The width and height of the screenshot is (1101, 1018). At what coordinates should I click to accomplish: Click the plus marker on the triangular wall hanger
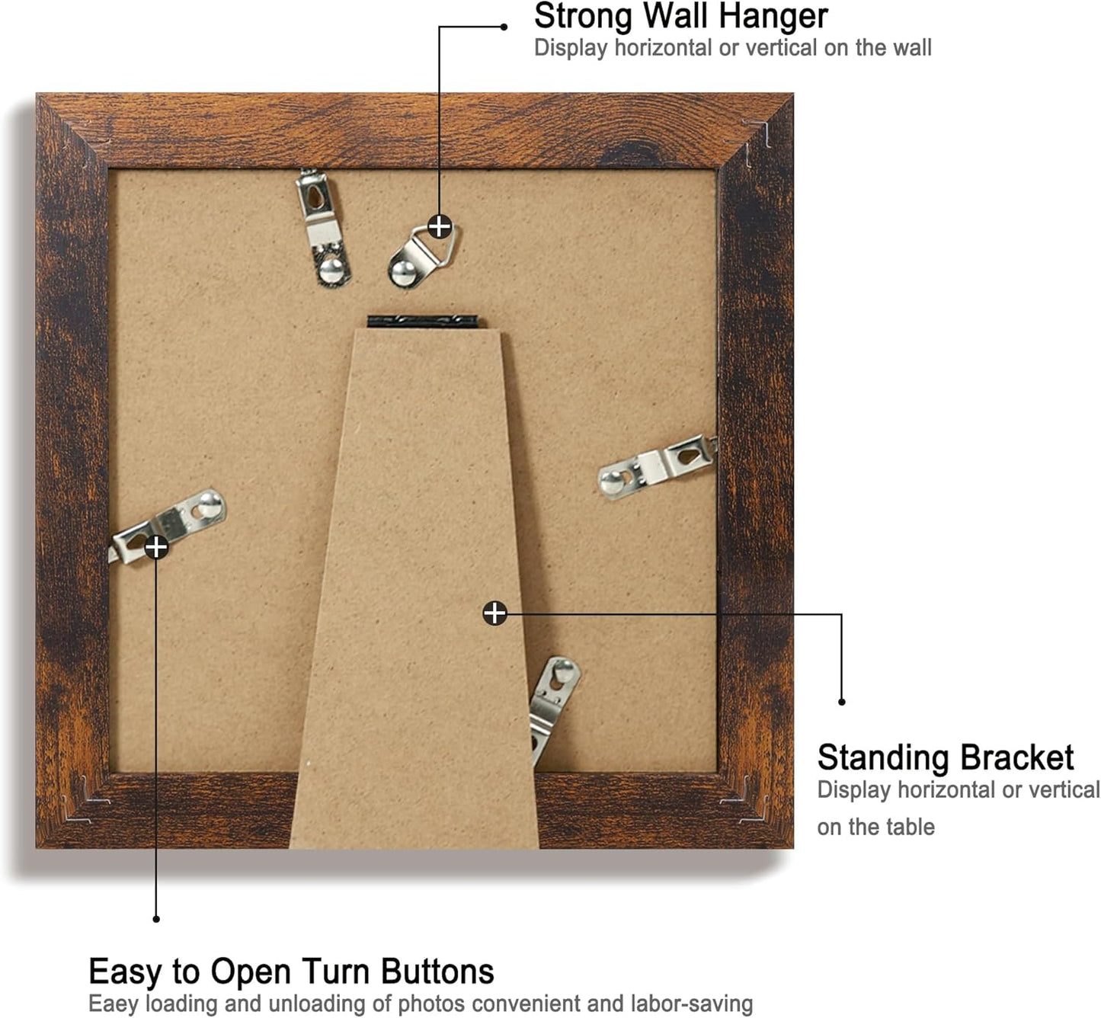[x=440, y=226]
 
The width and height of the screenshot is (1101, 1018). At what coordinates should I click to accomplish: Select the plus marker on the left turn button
[x=156, y=547]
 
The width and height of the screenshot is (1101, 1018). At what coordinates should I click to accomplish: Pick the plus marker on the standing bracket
[x=494, y=613]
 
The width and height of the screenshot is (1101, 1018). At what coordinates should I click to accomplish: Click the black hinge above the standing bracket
[x=422, y=322]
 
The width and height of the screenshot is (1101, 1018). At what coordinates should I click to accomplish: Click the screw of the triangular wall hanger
[x=403, y=273]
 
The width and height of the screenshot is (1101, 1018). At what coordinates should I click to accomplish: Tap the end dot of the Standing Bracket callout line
[x=842, y=702]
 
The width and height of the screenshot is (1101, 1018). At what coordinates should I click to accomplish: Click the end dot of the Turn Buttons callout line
[x=156, y=919]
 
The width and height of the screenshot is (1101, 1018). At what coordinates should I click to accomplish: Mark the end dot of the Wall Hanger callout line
[x=504, y=27]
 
